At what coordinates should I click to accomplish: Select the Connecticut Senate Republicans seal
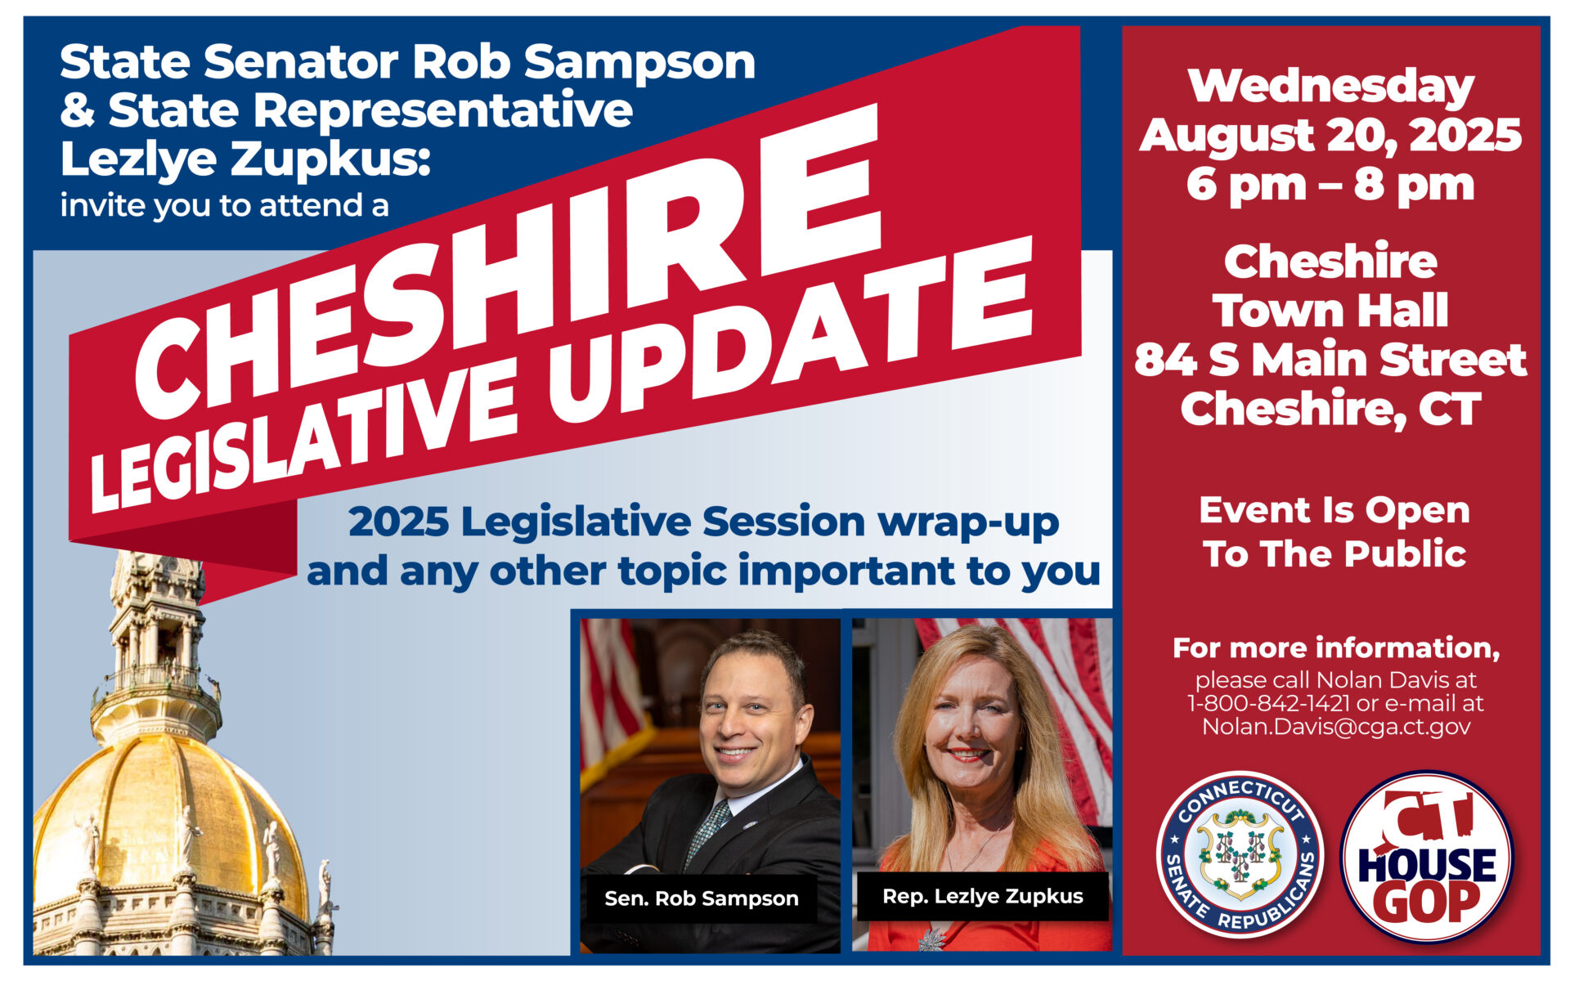coord(1240,855)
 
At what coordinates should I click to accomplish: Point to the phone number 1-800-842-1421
coord(1268,703)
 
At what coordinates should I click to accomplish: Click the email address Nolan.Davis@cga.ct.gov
coord(1336,727)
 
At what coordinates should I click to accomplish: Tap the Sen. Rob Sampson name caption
coord(702,898)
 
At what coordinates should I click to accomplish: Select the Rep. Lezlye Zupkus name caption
coord(983,897)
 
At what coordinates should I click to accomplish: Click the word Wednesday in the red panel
coord(1331,87)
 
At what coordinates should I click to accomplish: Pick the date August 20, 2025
coord(1331,135)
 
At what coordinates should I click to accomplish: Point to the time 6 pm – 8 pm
coord(1331,185)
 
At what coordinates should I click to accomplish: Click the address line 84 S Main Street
coord(1331,360)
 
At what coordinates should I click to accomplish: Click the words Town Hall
coord(1331,311)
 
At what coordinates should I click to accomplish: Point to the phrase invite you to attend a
coord(224,205)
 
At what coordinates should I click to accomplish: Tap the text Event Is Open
coord(1334,511)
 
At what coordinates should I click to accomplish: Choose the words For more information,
coord(1336,648)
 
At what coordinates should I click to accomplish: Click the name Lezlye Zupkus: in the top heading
coord(245,159)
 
